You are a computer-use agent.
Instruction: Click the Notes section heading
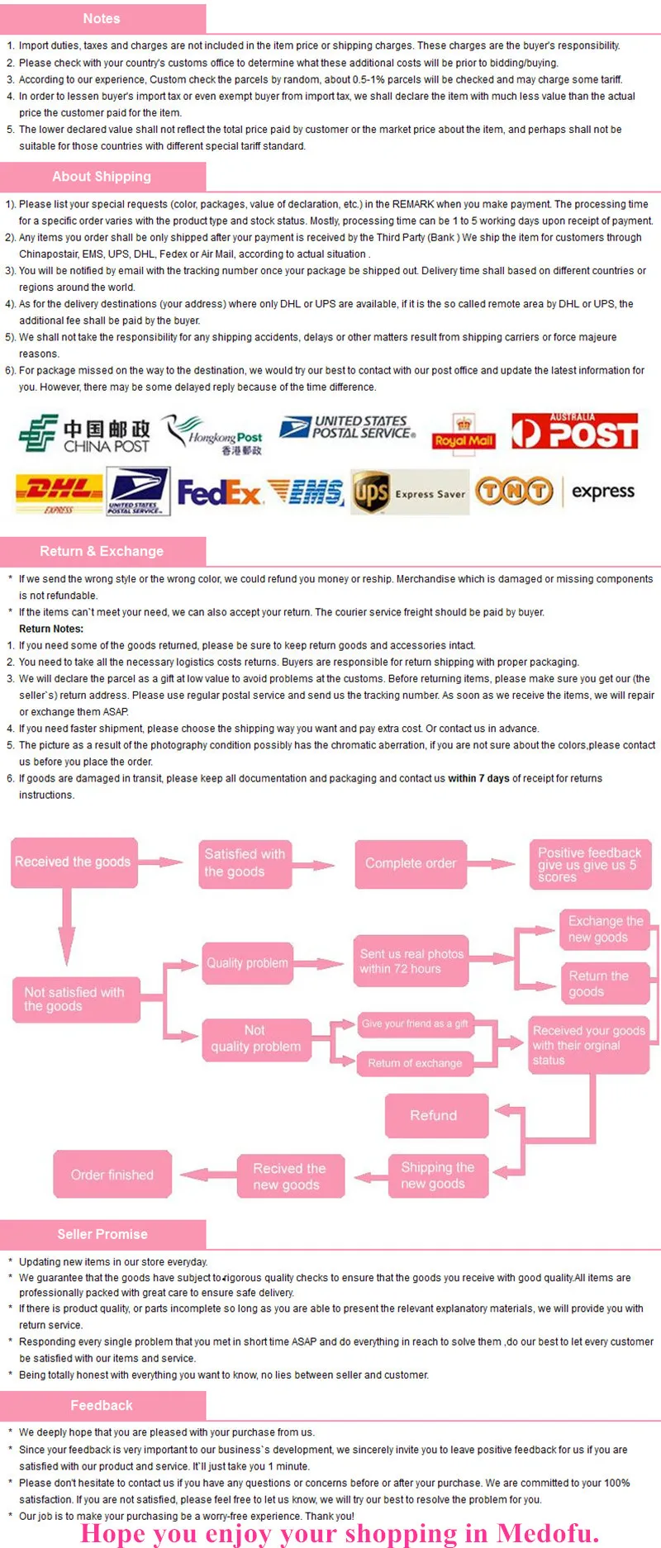coord(102,18)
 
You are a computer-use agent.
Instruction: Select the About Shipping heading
coord(102,176)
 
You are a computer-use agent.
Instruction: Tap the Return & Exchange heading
coord(102,551)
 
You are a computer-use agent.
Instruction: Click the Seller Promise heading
coord(102,1234)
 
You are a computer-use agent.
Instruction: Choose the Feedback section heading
coord(102,1405)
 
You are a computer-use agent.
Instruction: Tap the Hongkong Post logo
coord(213,434)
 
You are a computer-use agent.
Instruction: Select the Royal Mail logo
coord(464,432)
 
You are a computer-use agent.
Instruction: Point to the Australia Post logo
coord(575,430)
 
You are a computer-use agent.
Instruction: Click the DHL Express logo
coord(59,493)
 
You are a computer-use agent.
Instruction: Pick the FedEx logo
coord(219,493)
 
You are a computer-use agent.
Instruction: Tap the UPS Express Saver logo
coord(410,492)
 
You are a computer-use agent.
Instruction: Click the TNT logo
coord(514,491)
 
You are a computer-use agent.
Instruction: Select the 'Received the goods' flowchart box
coord(73,862)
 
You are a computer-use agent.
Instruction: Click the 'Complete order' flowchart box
coord(411,864)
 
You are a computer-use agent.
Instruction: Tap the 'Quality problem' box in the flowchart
coord(248,963)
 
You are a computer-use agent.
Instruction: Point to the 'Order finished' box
coord(112,1175)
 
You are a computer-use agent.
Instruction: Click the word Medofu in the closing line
coord(548,1533)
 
